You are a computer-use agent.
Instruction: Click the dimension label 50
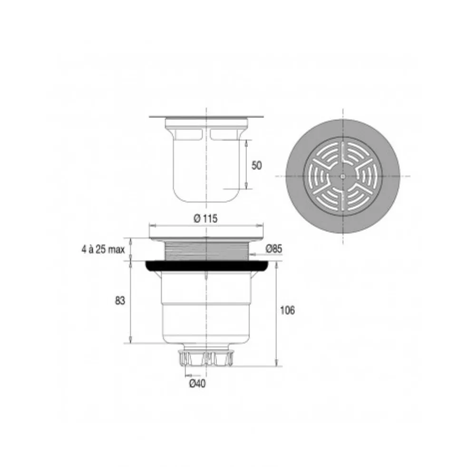[256, 165]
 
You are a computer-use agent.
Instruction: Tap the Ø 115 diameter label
[205, 219]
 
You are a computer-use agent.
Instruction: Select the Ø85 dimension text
[274, 248]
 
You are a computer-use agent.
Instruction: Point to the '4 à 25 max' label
[103, 249]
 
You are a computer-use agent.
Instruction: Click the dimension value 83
[120, 301]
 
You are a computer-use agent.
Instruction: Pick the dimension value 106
[288, 311]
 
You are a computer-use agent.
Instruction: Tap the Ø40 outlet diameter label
[197, 384]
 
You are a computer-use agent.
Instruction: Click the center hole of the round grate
[343, 176]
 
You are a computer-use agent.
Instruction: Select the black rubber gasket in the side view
[208, 266]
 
